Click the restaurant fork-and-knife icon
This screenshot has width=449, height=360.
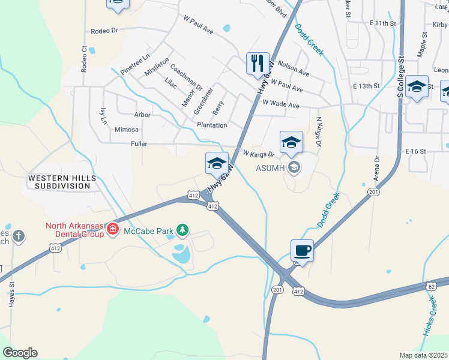(x=258, y=63)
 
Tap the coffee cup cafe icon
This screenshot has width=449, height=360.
(x=301, y=250)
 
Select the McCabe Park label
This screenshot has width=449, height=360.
(x=148, y=230)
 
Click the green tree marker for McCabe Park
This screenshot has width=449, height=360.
(x=183, y=230)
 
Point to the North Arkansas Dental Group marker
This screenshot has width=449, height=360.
(x=112, y=229)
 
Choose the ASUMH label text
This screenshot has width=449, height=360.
(x=271, y=167)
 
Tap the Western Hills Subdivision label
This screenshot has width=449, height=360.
(x=58, y=182)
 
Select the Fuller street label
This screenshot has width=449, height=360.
(x=139, y=144)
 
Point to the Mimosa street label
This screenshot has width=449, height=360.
(x=126, y=130)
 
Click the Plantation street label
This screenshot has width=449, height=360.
(x=212, y=125)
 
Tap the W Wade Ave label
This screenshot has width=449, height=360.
(x=280, y=105)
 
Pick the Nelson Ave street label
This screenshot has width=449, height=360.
(x=294, y=68)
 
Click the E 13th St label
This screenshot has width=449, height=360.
(x=367, y=86)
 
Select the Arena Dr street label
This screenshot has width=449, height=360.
(x=377, y=167)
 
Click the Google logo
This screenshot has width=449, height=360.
(x=20, y=353)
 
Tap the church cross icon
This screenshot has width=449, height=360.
(x=19, y=236)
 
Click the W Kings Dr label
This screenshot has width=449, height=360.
(x=258, y=155)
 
